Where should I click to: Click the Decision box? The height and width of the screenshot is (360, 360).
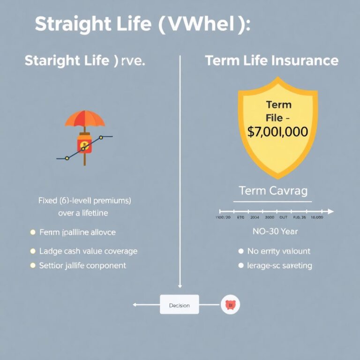[x=179, y=305]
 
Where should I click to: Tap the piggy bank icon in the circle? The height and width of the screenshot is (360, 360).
[x=230, y=305]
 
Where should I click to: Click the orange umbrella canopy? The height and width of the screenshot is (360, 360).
[x=85, y=118]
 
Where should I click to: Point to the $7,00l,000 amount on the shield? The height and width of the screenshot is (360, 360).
[x=277, y=132]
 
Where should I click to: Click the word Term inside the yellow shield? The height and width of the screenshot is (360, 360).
[x=278, y=105]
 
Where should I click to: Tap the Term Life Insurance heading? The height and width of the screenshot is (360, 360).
[x=271, y=60]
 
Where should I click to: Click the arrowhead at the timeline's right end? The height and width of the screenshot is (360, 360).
[x=331, y=211]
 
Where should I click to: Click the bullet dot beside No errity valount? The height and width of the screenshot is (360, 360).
[x=241, y=251]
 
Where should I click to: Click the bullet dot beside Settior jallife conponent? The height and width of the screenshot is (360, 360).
[x=32, y=265]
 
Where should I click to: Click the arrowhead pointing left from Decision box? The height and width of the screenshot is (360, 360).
[x=135, y=305]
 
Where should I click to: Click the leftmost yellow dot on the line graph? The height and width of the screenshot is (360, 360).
[x=67, y=158]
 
